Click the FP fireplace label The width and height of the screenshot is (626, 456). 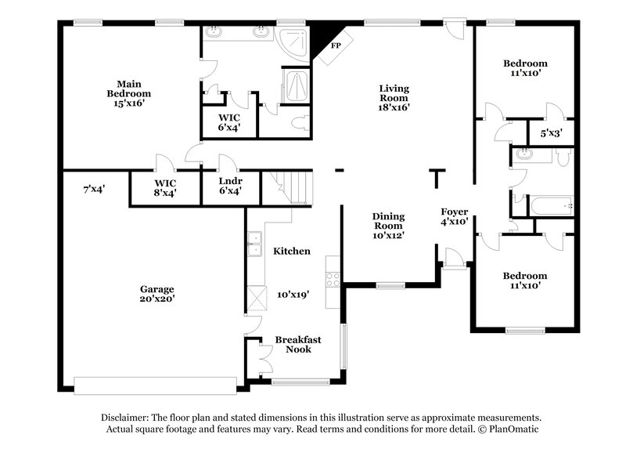[336, 46]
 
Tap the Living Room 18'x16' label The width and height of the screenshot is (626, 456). [394, 98]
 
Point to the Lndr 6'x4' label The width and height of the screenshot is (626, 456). [229, 186]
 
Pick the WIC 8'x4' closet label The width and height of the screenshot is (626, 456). [164, 186]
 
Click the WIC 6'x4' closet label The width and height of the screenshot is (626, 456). [229, 121]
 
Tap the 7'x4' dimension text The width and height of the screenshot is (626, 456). [94, 188]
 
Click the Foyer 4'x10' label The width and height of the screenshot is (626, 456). [454, 216]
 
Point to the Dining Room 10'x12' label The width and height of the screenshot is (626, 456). [387, 225]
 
